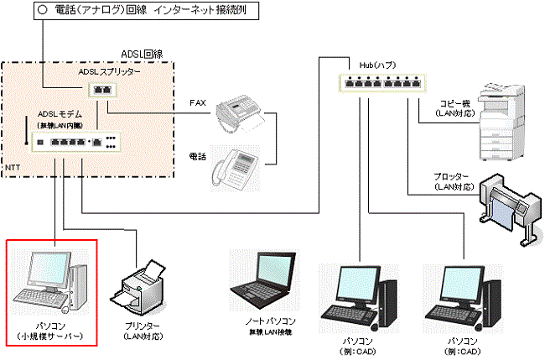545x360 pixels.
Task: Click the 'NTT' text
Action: pyautogui.click(x=12, y=169)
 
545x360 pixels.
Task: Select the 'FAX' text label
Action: pyautogui.click(x=198, y=102)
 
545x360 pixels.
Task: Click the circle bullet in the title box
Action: pyautogui.click(x=41, y=13)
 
